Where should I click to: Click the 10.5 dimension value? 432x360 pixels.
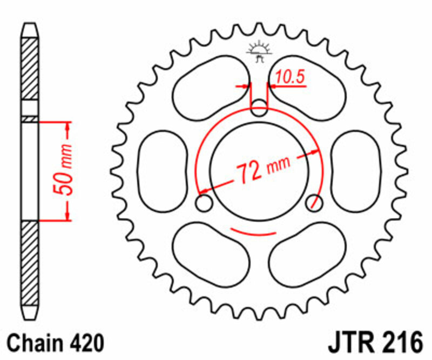(290, 78)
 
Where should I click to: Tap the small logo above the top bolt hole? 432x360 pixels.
(260, 51)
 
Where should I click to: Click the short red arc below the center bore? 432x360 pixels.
(254, 233)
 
